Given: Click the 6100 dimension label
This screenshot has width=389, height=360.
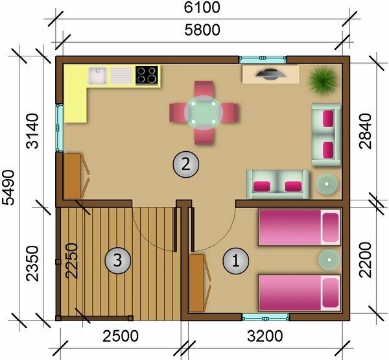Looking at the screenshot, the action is (202, 7).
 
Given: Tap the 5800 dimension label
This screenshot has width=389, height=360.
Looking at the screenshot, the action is (202, 30).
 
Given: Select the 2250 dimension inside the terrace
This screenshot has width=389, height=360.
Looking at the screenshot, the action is (71, 261).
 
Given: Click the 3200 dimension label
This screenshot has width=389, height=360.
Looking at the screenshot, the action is (265, 336).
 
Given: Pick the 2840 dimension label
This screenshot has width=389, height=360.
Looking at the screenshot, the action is (366, 131).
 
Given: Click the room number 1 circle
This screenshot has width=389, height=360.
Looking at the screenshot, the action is (236, 261).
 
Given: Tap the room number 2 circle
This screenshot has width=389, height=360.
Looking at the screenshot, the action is (186, 164).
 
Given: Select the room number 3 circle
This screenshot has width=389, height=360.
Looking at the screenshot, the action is (117, 261).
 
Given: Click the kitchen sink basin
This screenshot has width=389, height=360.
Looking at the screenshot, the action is (98, 75).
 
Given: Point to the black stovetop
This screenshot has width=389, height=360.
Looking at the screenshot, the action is (147, 75).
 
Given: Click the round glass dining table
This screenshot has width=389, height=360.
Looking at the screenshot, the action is (204, 113).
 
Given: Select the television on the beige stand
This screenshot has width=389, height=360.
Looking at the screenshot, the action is (270, 74).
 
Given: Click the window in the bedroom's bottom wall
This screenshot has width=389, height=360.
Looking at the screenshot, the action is (265, 317).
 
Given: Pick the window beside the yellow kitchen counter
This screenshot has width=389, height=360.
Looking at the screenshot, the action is (59, 128).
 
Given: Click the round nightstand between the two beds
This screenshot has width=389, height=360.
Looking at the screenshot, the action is (329, 259).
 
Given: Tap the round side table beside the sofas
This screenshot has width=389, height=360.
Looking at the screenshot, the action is (327, 184).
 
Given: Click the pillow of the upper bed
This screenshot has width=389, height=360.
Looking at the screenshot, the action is (331, 228).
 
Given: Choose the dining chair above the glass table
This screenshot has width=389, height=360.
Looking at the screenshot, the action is (204, 89).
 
